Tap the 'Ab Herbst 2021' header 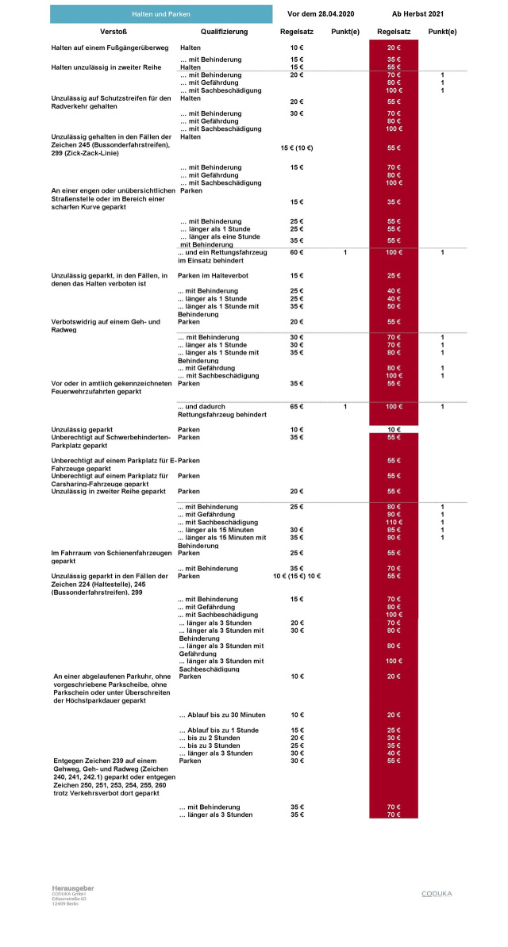coord(418,14)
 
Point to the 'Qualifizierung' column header coord(224,32)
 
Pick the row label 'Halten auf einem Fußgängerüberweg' coord(110,48)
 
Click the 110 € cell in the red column coord(394,522)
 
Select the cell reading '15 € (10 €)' coord(297,148)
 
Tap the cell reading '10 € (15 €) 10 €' coord(296,576)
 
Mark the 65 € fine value coord(296,407)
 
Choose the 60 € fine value coord(296,252)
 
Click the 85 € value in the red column coord(394,530)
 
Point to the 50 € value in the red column coord(394,306)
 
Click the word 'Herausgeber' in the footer coord(73,888)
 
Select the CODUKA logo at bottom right coord(437,893)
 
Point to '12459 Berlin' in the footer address coord(65,904)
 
